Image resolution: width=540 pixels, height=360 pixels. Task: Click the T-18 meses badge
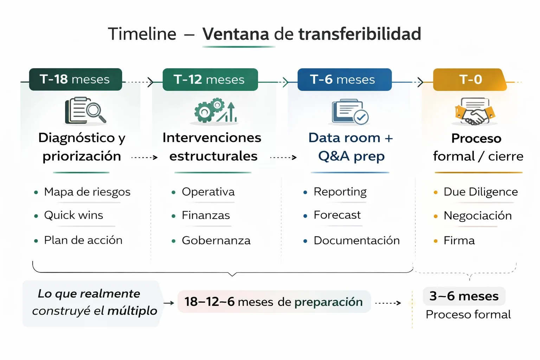coord(75,79)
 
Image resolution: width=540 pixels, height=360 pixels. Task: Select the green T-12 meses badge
coord(210,79)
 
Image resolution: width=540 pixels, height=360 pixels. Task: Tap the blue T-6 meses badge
coord(344,79)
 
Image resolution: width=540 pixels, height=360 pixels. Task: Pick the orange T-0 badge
coord(470,79)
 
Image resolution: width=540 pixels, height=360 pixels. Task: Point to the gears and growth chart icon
coord(215,111)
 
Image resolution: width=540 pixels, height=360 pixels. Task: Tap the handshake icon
coord(475,112)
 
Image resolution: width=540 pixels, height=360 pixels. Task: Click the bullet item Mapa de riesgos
coord(87,192)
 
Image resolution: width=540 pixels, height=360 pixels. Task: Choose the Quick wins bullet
coord(73,215)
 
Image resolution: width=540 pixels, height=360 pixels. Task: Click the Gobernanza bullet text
coord(216,240)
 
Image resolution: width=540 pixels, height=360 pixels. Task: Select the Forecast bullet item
coord(337,215)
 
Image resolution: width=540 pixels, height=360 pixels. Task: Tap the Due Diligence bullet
coord(480,192)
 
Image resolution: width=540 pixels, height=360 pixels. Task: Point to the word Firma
coord(459,240)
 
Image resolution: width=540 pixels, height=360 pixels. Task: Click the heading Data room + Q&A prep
coord(351,147)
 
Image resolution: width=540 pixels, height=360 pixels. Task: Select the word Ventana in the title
coord(236,34)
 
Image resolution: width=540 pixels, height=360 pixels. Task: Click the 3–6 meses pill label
coord(464,296)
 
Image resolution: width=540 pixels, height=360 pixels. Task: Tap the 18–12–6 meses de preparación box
coord(274,302)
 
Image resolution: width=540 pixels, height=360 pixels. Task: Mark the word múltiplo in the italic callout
coord(132,311)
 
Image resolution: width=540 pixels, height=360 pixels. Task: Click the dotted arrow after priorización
coord(144,157)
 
